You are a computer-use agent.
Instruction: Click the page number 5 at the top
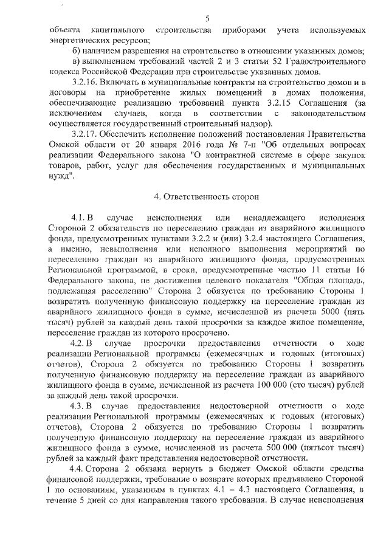207,19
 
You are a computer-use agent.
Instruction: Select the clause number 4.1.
79,218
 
